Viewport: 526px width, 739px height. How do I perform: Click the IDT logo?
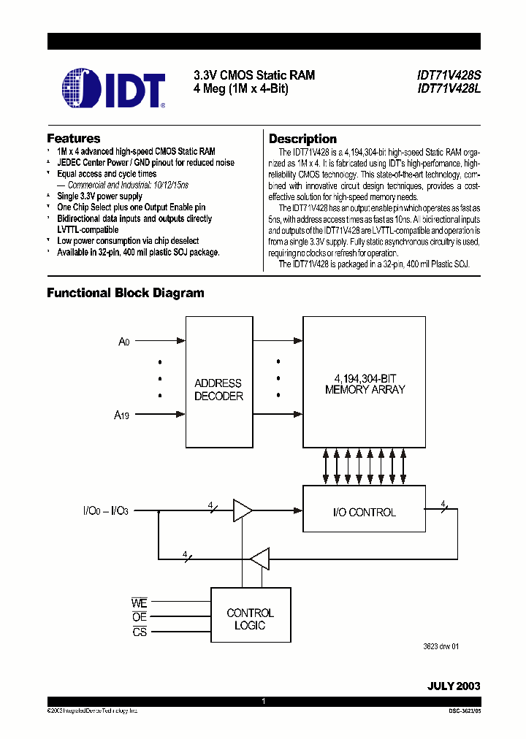(113, 88)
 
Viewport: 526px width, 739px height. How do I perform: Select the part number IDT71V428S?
(449, 75)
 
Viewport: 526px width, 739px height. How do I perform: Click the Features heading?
(74, 138)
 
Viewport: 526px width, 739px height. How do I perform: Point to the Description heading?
(302, 139)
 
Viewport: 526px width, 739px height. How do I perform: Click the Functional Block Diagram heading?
(126, 293)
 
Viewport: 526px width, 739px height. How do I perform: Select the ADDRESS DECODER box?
(218, 382)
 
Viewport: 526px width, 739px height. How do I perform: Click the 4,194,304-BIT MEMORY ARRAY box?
(365, 382)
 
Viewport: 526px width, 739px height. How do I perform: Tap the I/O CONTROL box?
(363, 512)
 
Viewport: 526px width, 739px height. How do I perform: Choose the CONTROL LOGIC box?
(250, 619)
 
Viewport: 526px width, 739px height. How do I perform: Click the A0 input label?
(124, 341)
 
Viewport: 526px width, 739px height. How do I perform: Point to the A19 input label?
(122, 415)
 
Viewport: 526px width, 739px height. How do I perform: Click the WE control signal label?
(139, 603)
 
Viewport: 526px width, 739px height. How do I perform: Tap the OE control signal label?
(139, 618)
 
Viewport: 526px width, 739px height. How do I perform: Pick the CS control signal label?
(139, 632)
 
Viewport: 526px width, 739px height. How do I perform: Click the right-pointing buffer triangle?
(242, 511)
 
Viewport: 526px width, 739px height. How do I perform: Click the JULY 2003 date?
(453, 686)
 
